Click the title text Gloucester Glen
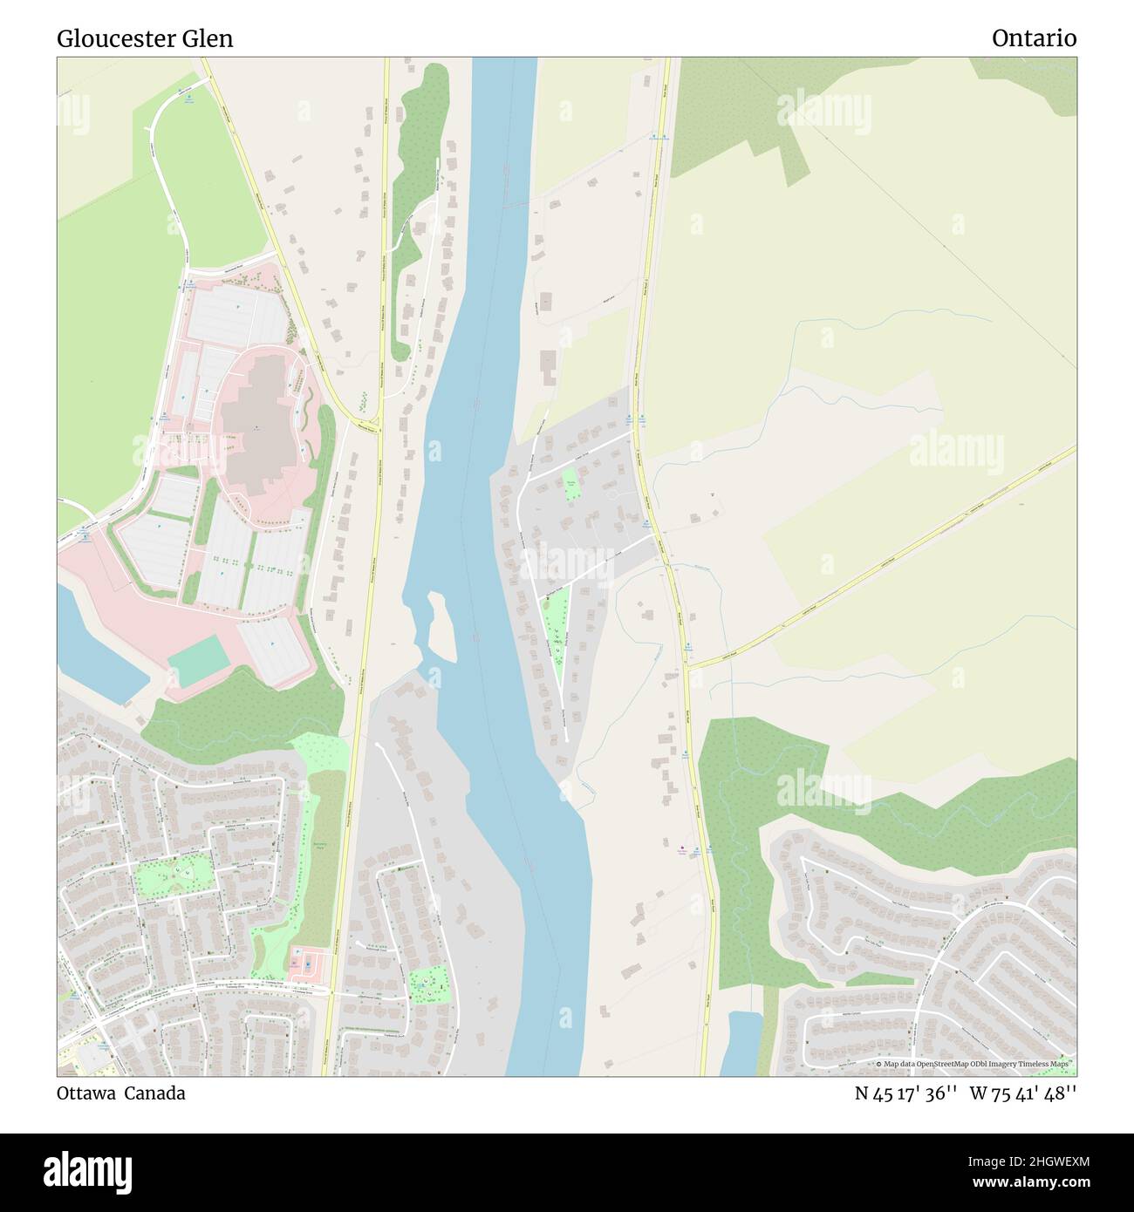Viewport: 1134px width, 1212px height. tap(145, 39)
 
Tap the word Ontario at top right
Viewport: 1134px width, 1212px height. tap(1034, 38)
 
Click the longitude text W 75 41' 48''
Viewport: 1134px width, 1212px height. tap(1022, 1093)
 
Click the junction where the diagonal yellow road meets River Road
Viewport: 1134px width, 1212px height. tap(687, 667)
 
